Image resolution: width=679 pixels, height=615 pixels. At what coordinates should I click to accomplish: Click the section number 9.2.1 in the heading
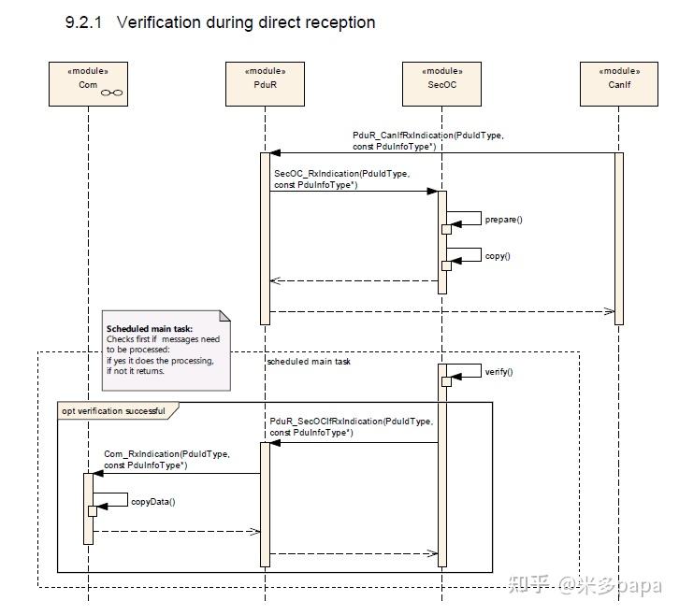pos(85,22)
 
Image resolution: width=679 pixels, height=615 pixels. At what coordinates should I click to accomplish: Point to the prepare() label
pos(503,219)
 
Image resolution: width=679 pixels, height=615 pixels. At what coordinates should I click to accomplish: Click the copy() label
pos(498,255)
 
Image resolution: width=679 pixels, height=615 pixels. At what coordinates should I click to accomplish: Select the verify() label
pos(499,372)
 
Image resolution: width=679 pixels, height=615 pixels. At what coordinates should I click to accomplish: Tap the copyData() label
pos(152,501)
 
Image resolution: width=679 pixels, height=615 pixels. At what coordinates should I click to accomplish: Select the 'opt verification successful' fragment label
pos(113,411)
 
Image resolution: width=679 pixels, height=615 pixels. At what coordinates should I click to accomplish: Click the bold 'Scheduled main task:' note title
pos(150,329)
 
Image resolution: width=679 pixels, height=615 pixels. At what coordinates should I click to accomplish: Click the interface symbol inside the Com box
pos(112,92)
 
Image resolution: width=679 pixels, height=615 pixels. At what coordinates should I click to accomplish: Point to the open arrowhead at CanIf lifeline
pos(609,311)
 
